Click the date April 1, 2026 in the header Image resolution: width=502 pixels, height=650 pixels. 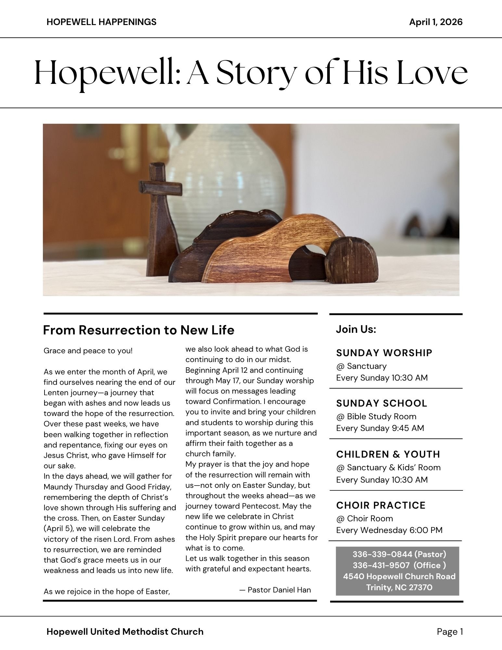tap(436, 22)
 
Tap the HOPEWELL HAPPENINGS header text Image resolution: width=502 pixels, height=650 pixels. tap(101, 22)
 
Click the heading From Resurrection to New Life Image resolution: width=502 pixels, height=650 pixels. tap(138, 330)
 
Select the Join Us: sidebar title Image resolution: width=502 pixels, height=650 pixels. tap(356, 329)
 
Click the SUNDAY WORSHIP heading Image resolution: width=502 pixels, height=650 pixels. tap(384, 353)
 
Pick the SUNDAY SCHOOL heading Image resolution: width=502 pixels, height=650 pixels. tap(381, 403)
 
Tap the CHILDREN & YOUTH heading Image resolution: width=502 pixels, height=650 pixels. tap(388, 454)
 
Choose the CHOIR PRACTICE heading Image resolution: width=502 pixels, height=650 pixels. tap(381, 505)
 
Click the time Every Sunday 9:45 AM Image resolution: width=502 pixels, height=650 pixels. tap(380, 428)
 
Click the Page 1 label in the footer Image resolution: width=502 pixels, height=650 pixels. tap(450, 631)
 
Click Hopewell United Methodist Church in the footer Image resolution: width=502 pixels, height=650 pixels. tap(125, 631)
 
